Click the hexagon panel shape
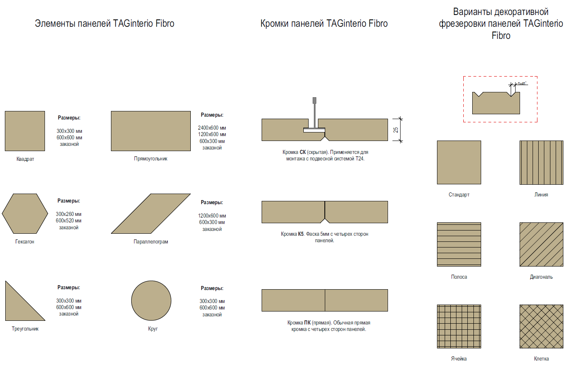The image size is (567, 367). [x=25, y=213]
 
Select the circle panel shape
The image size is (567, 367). [x=151, y=301]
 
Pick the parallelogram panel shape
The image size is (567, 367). [x=151, y=213]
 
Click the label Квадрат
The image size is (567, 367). [x=25, y=159]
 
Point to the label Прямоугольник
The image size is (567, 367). [x=151, y=159]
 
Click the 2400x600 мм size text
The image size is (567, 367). [x=212, y=128]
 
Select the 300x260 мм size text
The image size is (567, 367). [x=68, y=214]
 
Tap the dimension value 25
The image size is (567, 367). [x=396, y=130]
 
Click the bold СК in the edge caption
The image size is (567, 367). [x=303, y=152]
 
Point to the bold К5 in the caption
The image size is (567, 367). [x=301, y=234]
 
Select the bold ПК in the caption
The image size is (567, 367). [x=307, y=323]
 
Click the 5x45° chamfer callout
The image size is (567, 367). [x=522, y=83]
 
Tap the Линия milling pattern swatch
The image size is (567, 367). [x=541, y=162]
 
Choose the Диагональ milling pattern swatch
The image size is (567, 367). [x=541, y=245]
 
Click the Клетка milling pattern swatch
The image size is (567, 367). [x=541, y=326]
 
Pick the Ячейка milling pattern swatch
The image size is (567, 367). [x=459, y=326]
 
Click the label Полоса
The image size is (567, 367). [x=459, y=277]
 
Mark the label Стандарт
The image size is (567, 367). [x=459, y=194]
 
